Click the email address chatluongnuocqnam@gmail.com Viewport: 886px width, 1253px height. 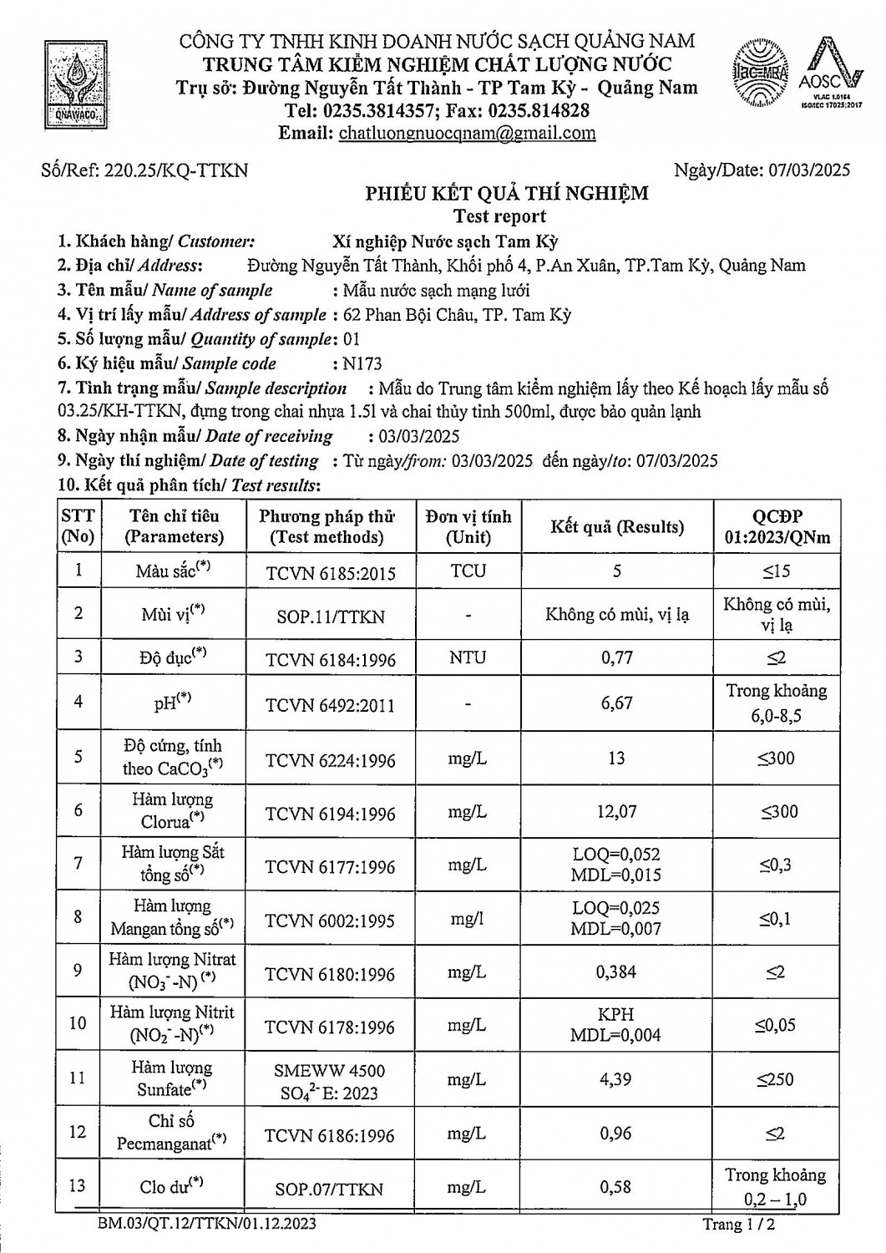pyautogui.click(x=467, y=133)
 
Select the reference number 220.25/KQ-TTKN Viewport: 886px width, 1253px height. pyautogui.click(x=175, y=170)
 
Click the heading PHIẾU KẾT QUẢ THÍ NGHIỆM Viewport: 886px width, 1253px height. pyautogui.click(x=506, y=194)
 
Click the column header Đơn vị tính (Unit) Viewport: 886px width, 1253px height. pyautogui.click(x=468, y=526)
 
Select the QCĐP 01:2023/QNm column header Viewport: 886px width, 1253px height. pyautogui.click(x=777, y=526)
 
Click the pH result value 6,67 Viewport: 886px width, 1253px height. pyautogui.click(x=616, y=703)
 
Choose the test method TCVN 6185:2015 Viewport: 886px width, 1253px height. pyautogui.click(x=330, y=573)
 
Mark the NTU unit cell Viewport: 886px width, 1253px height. pyautogui.click(x=468, y=657)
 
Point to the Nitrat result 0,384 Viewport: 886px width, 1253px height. pyautogui.click(x=616, y=971)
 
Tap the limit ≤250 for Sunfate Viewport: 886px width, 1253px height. pyautogui.click(x=776, y=1079)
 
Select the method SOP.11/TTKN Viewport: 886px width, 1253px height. pyautogui.click(x=330, y=616)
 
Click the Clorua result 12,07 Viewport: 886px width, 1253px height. pyautogui.click(x=616, y=811)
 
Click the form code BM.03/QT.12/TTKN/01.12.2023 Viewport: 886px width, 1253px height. pyautogui.click(x=206, y=1225)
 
